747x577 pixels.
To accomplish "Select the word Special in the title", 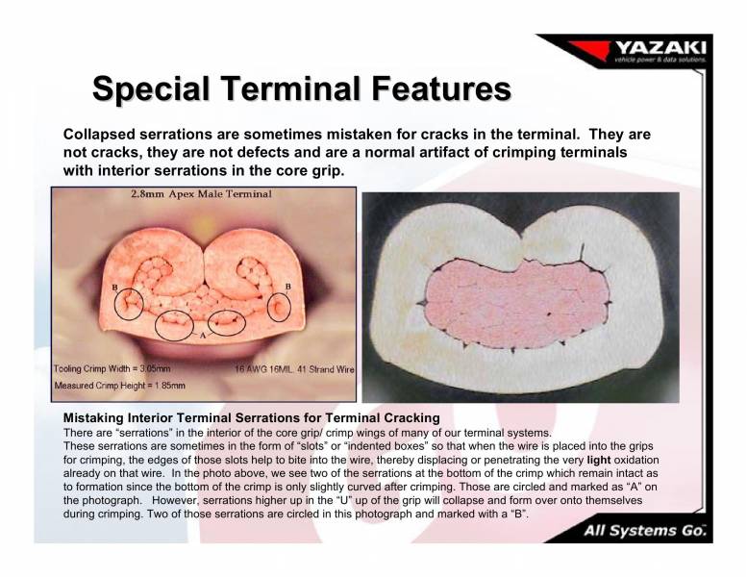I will point(155,89).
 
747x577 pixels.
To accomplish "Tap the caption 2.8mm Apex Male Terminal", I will point(201,194).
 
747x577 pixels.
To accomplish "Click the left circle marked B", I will point(129,304).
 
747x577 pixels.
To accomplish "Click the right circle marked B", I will point(278,307).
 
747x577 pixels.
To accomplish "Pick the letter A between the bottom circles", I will point(201,337).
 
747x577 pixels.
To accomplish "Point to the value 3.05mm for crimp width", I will point(150,368).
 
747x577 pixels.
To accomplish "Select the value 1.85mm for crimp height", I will point(162,386).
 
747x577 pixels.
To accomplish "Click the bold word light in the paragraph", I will point(598,461).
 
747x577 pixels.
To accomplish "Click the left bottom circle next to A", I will point(174,324).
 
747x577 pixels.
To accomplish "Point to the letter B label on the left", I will point(115,287).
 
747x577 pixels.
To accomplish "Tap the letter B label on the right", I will point(288,287).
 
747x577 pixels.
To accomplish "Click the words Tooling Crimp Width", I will point(90,368).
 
